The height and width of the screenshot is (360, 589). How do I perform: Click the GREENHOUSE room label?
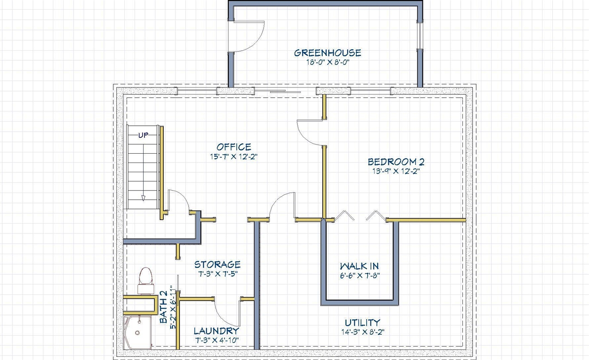pyautogui.click(x=327, y=53)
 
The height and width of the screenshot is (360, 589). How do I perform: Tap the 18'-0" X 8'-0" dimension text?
pyautogui.click(x=328, y=62)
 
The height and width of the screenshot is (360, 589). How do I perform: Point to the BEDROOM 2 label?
pyautogui.click(x=396, y=162)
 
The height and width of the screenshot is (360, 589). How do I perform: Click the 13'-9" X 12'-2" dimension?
pyautogui.click(x=396, y=171)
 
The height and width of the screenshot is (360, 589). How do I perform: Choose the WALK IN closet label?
pyautogui.click(x=359, y=266)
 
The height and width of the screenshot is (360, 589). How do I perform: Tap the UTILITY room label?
pyautogui.click(x=362, y=322)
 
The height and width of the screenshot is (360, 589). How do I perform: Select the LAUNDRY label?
pyautogui.click(x=216, y=331)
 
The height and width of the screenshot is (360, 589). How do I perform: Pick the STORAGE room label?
pyautogui.click(x=217, y=264)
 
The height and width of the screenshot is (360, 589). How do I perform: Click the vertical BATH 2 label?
pyautogui.click(x=163, y=307)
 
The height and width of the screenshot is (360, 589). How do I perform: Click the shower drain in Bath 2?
pyautogui.click(x=137, y=333)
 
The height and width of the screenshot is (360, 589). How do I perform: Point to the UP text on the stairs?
pyautogui.click(x=143, y=135)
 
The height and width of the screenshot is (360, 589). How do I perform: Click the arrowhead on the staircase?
pyautogui.click(x=143, y=198)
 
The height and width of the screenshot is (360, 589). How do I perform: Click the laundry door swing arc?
pyautogui.click(x=224, y=318)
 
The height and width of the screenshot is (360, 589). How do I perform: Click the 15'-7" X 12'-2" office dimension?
pyautogui.click(x=233, y=157)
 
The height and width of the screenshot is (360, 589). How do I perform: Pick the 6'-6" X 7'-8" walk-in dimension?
pyautogui.click(x=360, y=276)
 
